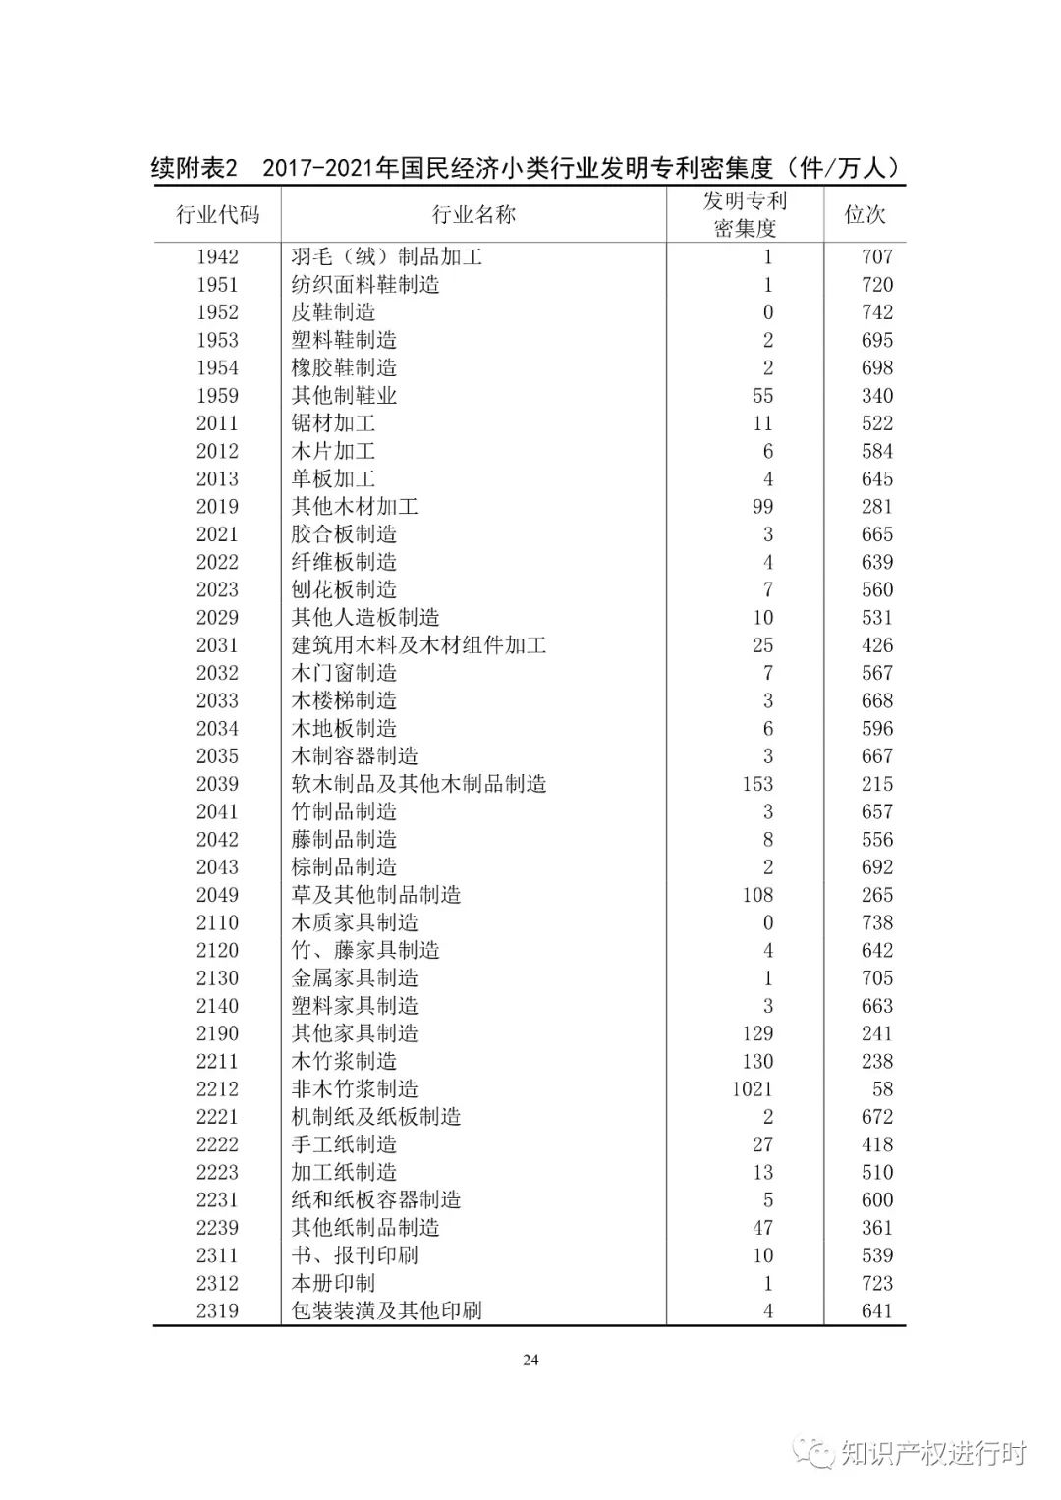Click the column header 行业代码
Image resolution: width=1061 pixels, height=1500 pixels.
pos(217,215)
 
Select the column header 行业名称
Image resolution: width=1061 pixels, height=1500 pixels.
pos(474,215)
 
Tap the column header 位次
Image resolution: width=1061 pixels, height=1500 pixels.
pos(865,215)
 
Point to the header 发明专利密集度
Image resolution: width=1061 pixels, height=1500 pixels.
pos(745,215)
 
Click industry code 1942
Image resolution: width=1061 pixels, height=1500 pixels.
pos(217,257)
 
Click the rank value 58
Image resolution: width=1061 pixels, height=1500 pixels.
pos(881,1089)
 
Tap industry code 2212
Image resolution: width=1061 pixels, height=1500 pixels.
pos(217,1089)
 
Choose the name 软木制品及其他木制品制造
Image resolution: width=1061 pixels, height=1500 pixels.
pos(419,784)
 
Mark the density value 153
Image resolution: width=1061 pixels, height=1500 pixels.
pos(757,784)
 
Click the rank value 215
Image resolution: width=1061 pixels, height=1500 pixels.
pos(876,784)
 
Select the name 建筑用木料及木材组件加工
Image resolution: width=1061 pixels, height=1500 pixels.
pos(419,645)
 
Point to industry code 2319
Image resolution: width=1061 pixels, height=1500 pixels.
pos(217,1311)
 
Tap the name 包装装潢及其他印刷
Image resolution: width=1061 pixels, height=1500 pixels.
pos(386,1311)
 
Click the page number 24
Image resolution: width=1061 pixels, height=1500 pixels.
pos(530,1361)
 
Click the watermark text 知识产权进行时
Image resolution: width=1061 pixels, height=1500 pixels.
pos(931,1453)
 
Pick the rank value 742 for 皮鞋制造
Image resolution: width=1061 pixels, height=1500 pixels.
pos(876,312)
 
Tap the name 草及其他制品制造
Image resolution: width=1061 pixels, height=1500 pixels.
pos(376,895)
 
